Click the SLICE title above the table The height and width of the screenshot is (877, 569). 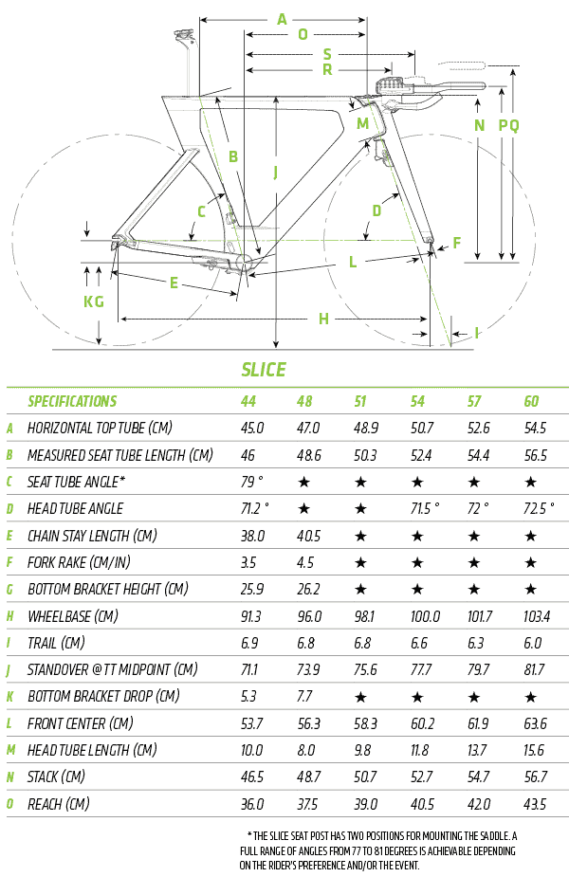click(263, 370)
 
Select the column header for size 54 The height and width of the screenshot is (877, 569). click(418, 401)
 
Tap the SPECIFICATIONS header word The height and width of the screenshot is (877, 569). click(72, 401)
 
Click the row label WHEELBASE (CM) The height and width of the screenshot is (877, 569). click(73, 616)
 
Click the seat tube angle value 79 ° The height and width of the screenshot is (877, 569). click(252, 482)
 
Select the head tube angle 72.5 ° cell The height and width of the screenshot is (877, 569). click(539, 508)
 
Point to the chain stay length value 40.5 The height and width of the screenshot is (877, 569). click(308, 536)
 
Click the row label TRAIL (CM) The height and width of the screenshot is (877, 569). click(60, 643)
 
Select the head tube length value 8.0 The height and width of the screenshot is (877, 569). click(307, 750)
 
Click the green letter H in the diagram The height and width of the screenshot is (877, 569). click(323, 319)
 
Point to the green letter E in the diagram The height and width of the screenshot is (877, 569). click(174, 282)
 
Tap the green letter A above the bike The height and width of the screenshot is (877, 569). click(281, 19)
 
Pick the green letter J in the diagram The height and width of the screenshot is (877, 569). click(275, 173)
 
